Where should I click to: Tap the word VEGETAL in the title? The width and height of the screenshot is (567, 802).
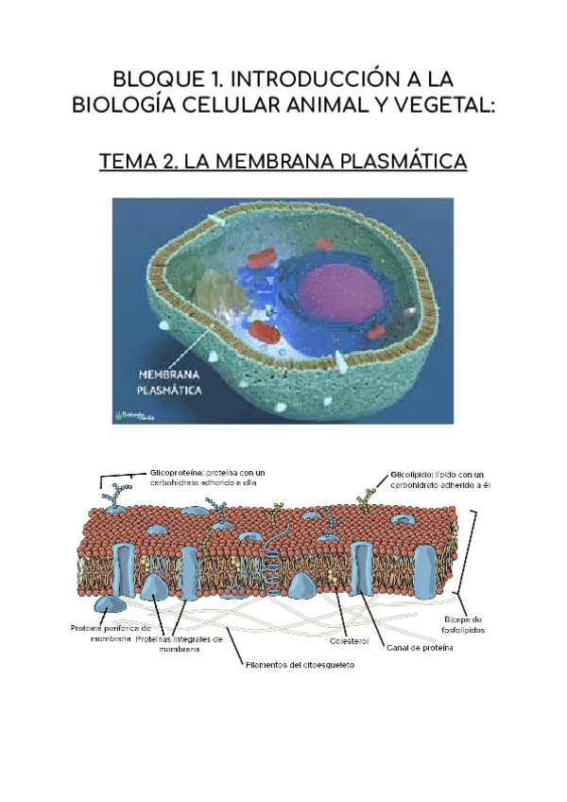tap(441, 104)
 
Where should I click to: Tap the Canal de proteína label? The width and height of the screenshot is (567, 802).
tap(420, 649)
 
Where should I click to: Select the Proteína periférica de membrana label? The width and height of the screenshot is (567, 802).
tap(111, 633)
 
